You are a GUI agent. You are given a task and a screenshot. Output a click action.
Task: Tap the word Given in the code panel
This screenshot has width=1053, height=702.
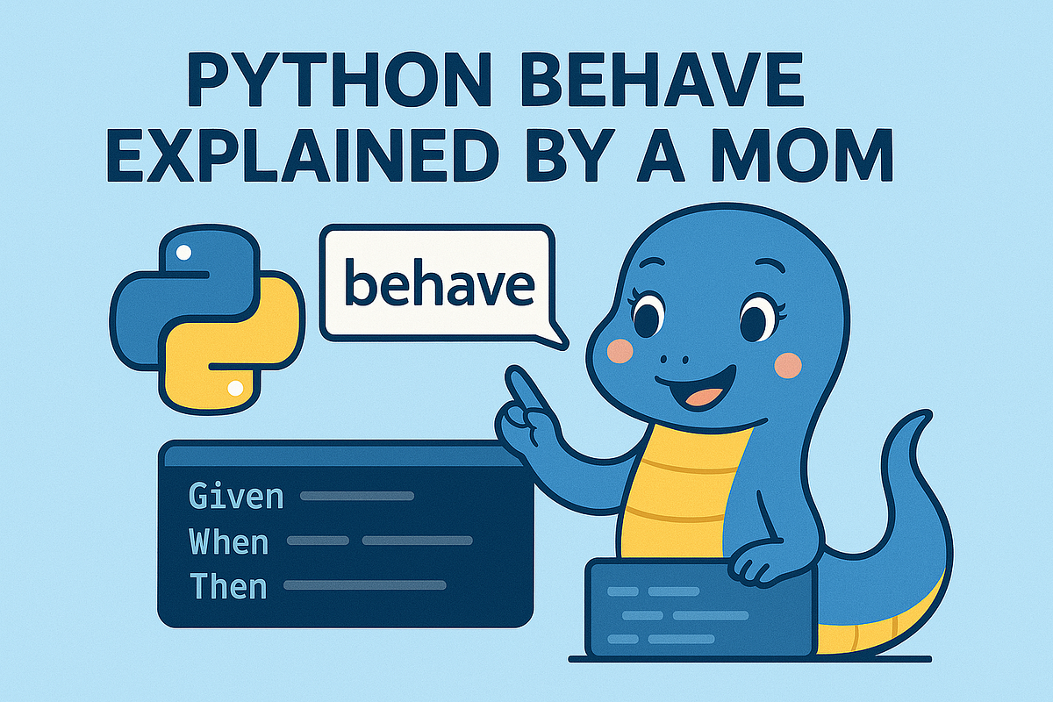click(x=236, y=497)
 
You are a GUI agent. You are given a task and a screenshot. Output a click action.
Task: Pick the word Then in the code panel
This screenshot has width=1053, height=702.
click(x=227, y=584)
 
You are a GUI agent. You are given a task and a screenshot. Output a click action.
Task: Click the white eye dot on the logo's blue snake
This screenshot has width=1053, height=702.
click(x=183, y=253)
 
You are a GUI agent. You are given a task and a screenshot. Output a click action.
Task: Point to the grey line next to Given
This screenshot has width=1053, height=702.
click(x=356, y=497)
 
